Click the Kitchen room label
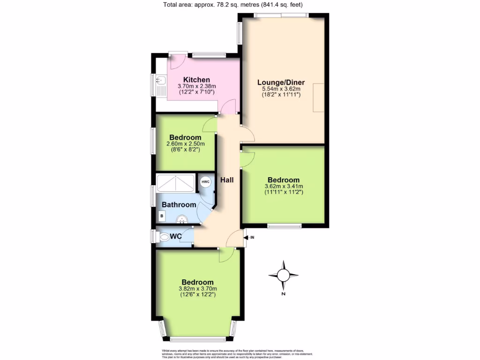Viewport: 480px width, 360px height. tap(196, 80)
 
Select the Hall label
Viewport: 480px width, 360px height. tap(227, 180)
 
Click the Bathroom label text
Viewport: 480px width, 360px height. tap(179, 205)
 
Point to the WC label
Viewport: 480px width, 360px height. tap(176, 237)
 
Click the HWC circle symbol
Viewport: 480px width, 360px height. tap(206, 182)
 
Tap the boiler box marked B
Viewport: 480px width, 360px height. tap(162, 216)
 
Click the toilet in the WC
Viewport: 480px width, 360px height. tap(164, 238)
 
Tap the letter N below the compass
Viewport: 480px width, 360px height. tap(283, 294)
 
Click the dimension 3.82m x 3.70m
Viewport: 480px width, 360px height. tap(198, 289)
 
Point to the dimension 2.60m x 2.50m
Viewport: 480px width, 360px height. tap(185, 143)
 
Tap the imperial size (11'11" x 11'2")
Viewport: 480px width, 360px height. tap(283, 192)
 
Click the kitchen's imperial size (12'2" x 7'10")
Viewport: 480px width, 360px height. tap(196, 92)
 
